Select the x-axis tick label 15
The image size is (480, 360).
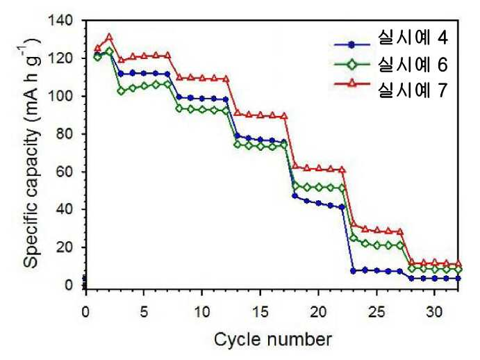260,312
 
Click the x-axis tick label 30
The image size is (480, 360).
434,312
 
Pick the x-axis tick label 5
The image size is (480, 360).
144,312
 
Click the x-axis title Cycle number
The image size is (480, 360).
273,339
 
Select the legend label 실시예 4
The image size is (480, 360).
413,38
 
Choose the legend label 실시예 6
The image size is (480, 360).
413,65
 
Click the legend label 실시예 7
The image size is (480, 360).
413,90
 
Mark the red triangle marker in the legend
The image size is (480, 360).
352,83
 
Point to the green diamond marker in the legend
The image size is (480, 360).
352,65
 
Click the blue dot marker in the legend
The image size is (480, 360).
352,45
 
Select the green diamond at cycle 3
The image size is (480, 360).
121,91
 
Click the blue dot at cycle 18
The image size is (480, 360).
295,196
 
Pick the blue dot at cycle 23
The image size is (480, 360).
354,271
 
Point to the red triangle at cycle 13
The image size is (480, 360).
237,113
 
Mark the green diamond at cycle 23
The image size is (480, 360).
354,238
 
